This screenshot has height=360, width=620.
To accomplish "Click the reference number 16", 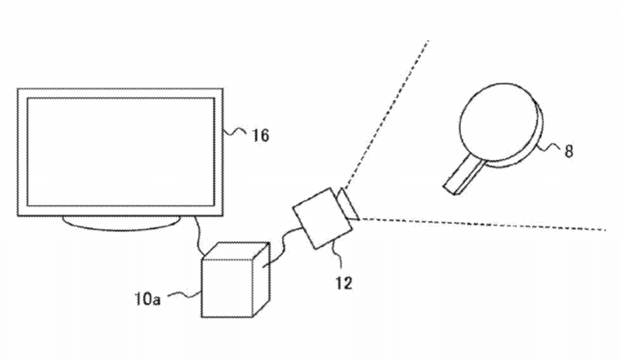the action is (x=260, y=135).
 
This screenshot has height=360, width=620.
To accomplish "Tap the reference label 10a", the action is (x=148, y=299).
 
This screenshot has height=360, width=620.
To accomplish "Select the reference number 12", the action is (x=344, y=283).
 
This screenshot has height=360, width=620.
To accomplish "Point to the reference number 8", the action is (x=569, y=151).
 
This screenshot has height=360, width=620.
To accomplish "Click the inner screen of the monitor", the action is (x=120, y=152).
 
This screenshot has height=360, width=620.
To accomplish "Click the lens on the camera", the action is (x=348, y=205).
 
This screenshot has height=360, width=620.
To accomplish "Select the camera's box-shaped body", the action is (x=322, y=218).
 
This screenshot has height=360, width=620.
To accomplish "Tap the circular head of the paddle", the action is (x=500, y=124).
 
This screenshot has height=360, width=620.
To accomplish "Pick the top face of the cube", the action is (x=235, y=251).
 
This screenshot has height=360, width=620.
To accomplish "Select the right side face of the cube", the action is (x=261, y=279).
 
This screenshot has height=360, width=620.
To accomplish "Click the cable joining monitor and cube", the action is (x=198, y=236).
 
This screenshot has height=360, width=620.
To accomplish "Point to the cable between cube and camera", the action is (x=282, y=245).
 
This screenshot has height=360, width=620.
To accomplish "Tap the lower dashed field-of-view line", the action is (x=483, y=224).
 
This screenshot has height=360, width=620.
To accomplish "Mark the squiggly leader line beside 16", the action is (x=235, y=131).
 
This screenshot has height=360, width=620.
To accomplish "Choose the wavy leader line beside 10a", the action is (x=185, y=295).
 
